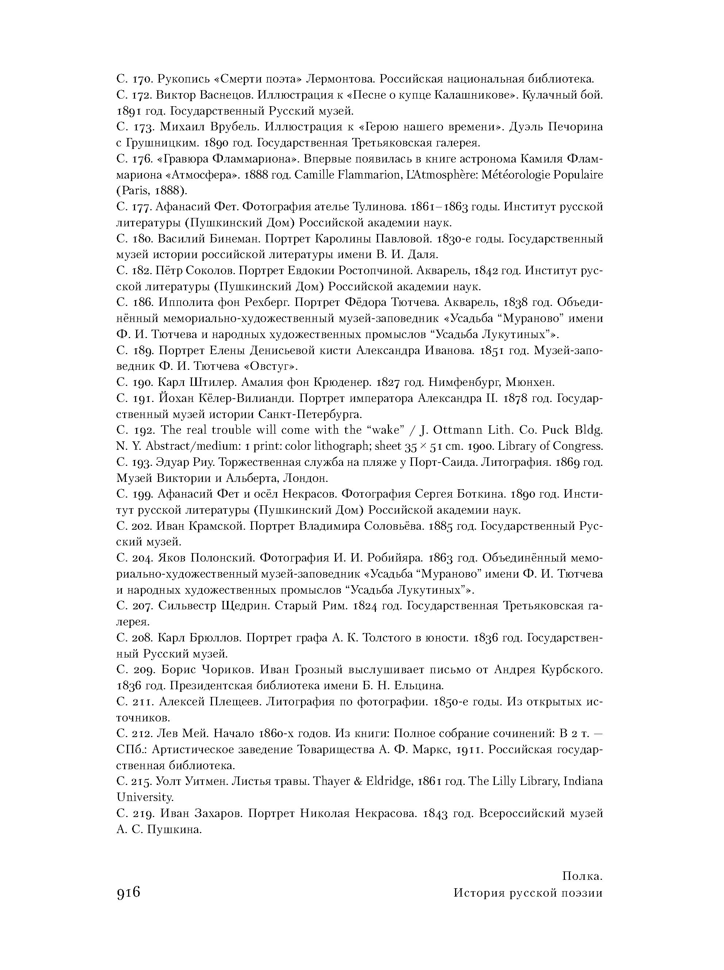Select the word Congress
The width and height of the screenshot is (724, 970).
click(579, 446)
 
